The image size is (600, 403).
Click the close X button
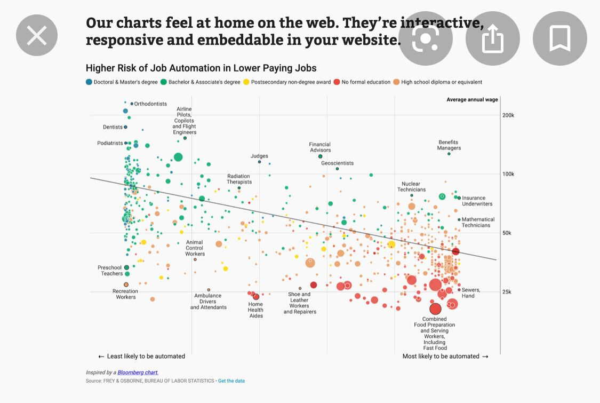(37, 36)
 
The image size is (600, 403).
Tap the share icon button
(493, 38)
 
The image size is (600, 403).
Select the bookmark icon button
(559, 38)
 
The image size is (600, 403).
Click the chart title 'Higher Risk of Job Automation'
(201, 68)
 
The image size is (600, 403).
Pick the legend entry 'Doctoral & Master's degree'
(125, 82)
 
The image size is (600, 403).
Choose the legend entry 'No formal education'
(366, 82)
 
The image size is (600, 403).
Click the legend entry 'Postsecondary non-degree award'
(291, 82)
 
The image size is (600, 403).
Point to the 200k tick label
(507, 115)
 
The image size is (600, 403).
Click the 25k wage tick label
(506, 292)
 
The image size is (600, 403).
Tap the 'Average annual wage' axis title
(472, 100)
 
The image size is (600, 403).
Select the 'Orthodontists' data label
(150, 104)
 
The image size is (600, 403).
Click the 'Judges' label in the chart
(259, 156)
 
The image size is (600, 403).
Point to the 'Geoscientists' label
(337, 163)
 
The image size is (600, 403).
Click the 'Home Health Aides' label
(255, 310)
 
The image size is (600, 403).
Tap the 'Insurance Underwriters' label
(477, 201)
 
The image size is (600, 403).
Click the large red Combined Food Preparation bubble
(436, 309)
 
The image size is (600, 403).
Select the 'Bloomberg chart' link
(138, 373)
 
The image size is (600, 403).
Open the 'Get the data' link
(231, 381)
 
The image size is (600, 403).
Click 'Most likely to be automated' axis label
(441, 357)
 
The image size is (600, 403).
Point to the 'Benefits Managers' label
(449, 145)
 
